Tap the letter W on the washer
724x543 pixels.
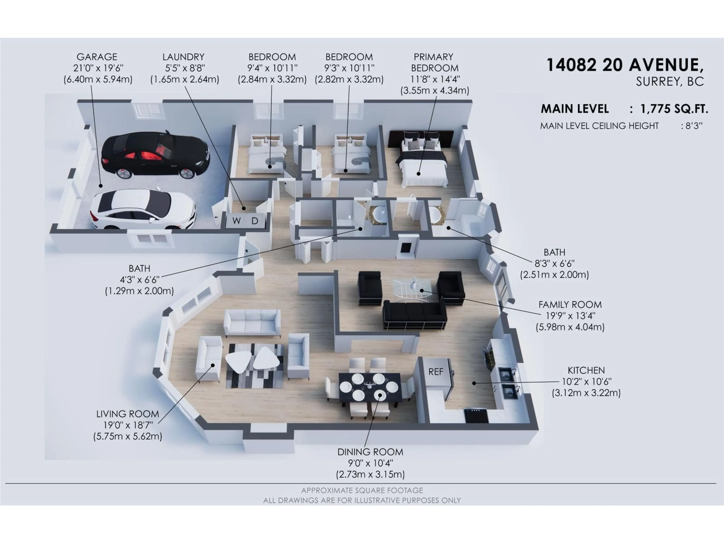236,221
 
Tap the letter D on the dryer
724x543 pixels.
255,221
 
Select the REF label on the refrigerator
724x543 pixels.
436,372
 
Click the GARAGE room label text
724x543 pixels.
97,57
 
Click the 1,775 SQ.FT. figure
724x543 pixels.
674,109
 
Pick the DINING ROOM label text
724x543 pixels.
370,452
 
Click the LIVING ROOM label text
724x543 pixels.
128,414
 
